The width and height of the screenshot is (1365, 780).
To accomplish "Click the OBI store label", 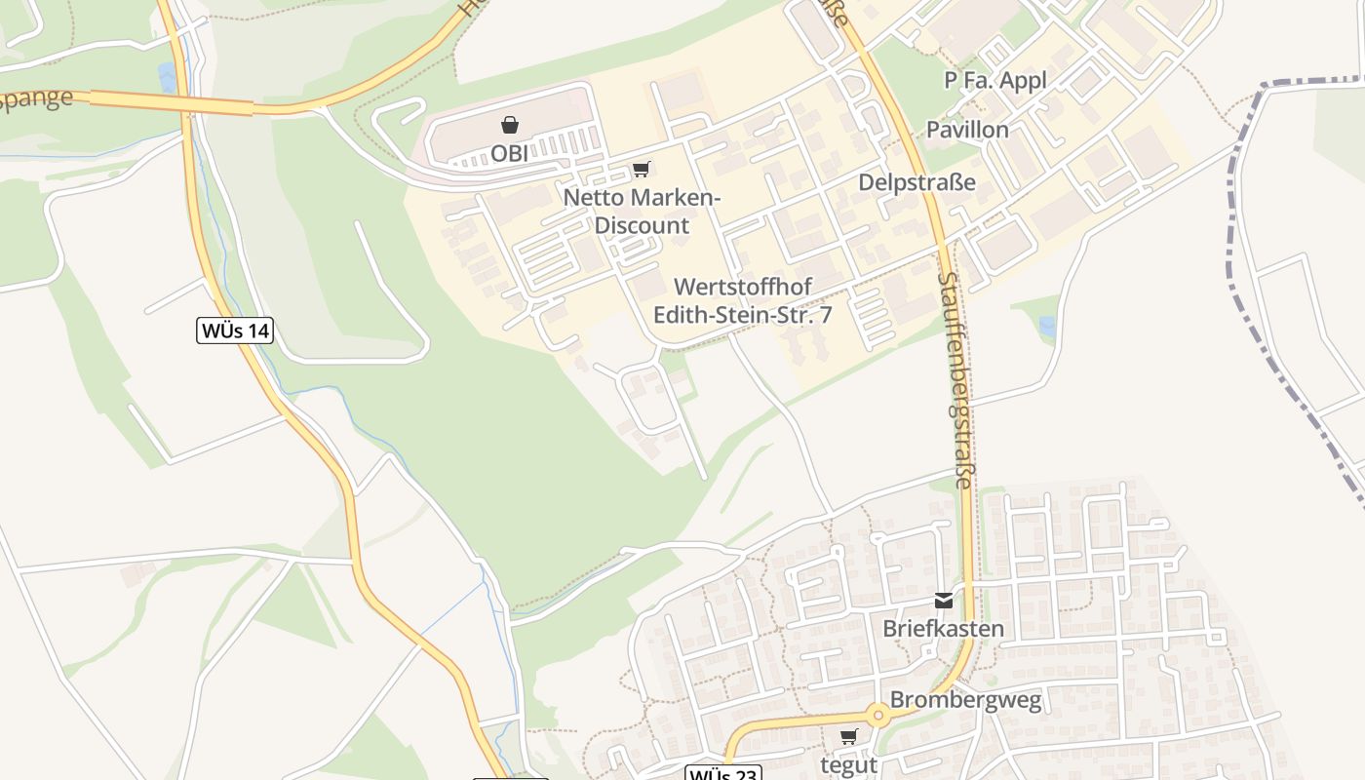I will [509, 154].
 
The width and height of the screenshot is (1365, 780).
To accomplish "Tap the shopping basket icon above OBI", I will [509, 125].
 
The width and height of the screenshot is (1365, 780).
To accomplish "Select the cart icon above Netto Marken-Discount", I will [641, 170].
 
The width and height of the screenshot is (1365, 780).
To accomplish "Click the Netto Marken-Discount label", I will [642, 212].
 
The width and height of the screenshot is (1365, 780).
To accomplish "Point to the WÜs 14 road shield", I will [235, 331].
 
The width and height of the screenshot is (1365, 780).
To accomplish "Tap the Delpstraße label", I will [916, 182].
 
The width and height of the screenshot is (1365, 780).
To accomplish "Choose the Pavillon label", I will [967, 130].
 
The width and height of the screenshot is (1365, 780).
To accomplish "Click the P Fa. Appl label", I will [995, 80].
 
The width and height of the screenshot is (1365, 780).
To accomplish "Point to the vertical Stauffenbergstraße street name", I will [955, 380].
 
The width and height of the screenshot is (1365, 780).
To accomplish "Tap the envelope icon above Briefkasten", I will [943, 601].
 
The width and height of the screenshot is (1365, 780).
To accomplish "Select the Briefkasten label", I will [943, 628].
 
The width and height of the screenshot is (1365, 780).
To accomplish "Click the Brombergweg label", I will [965, 699].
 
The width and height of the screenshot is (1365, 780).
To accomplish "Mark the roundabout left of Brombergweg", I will [878, 716].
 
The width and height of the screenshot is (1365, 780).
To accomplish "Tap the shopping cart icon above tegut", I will [848, 737].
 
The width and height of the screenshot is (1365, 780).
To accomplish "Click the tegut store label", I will [848, 765].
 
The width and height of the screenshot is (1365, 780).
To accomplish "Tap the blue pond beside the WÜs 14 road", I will [168, 77].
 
